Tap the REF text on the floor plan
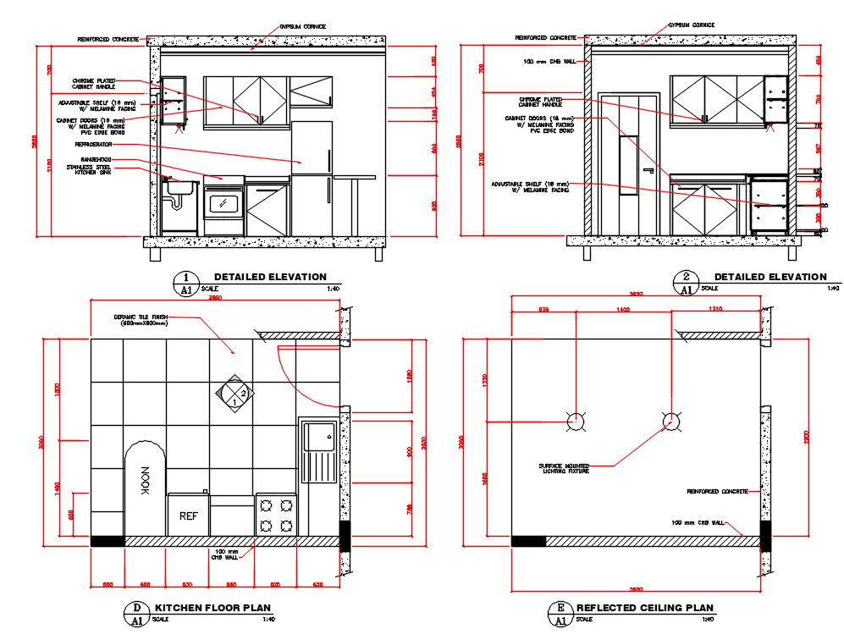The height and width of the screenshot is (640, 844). (x=188, y=515)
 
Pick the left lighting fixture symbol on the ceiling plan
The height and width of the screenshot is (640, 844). (x=574, y=419)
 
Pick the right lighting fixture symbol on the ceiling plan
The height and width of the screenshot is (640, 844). (x=670, y=419)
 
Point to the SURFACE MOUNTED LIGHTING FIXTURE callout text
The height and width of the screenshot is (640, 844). (x=564, y=467)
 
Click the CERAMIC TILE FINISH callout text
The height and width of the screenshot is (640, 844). (x=141, y=320)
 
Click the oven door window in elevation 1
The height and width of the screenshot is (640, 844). (x=223, y=202)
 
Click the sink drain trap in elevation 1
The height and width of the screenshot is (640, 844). (x=176, y=202)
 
